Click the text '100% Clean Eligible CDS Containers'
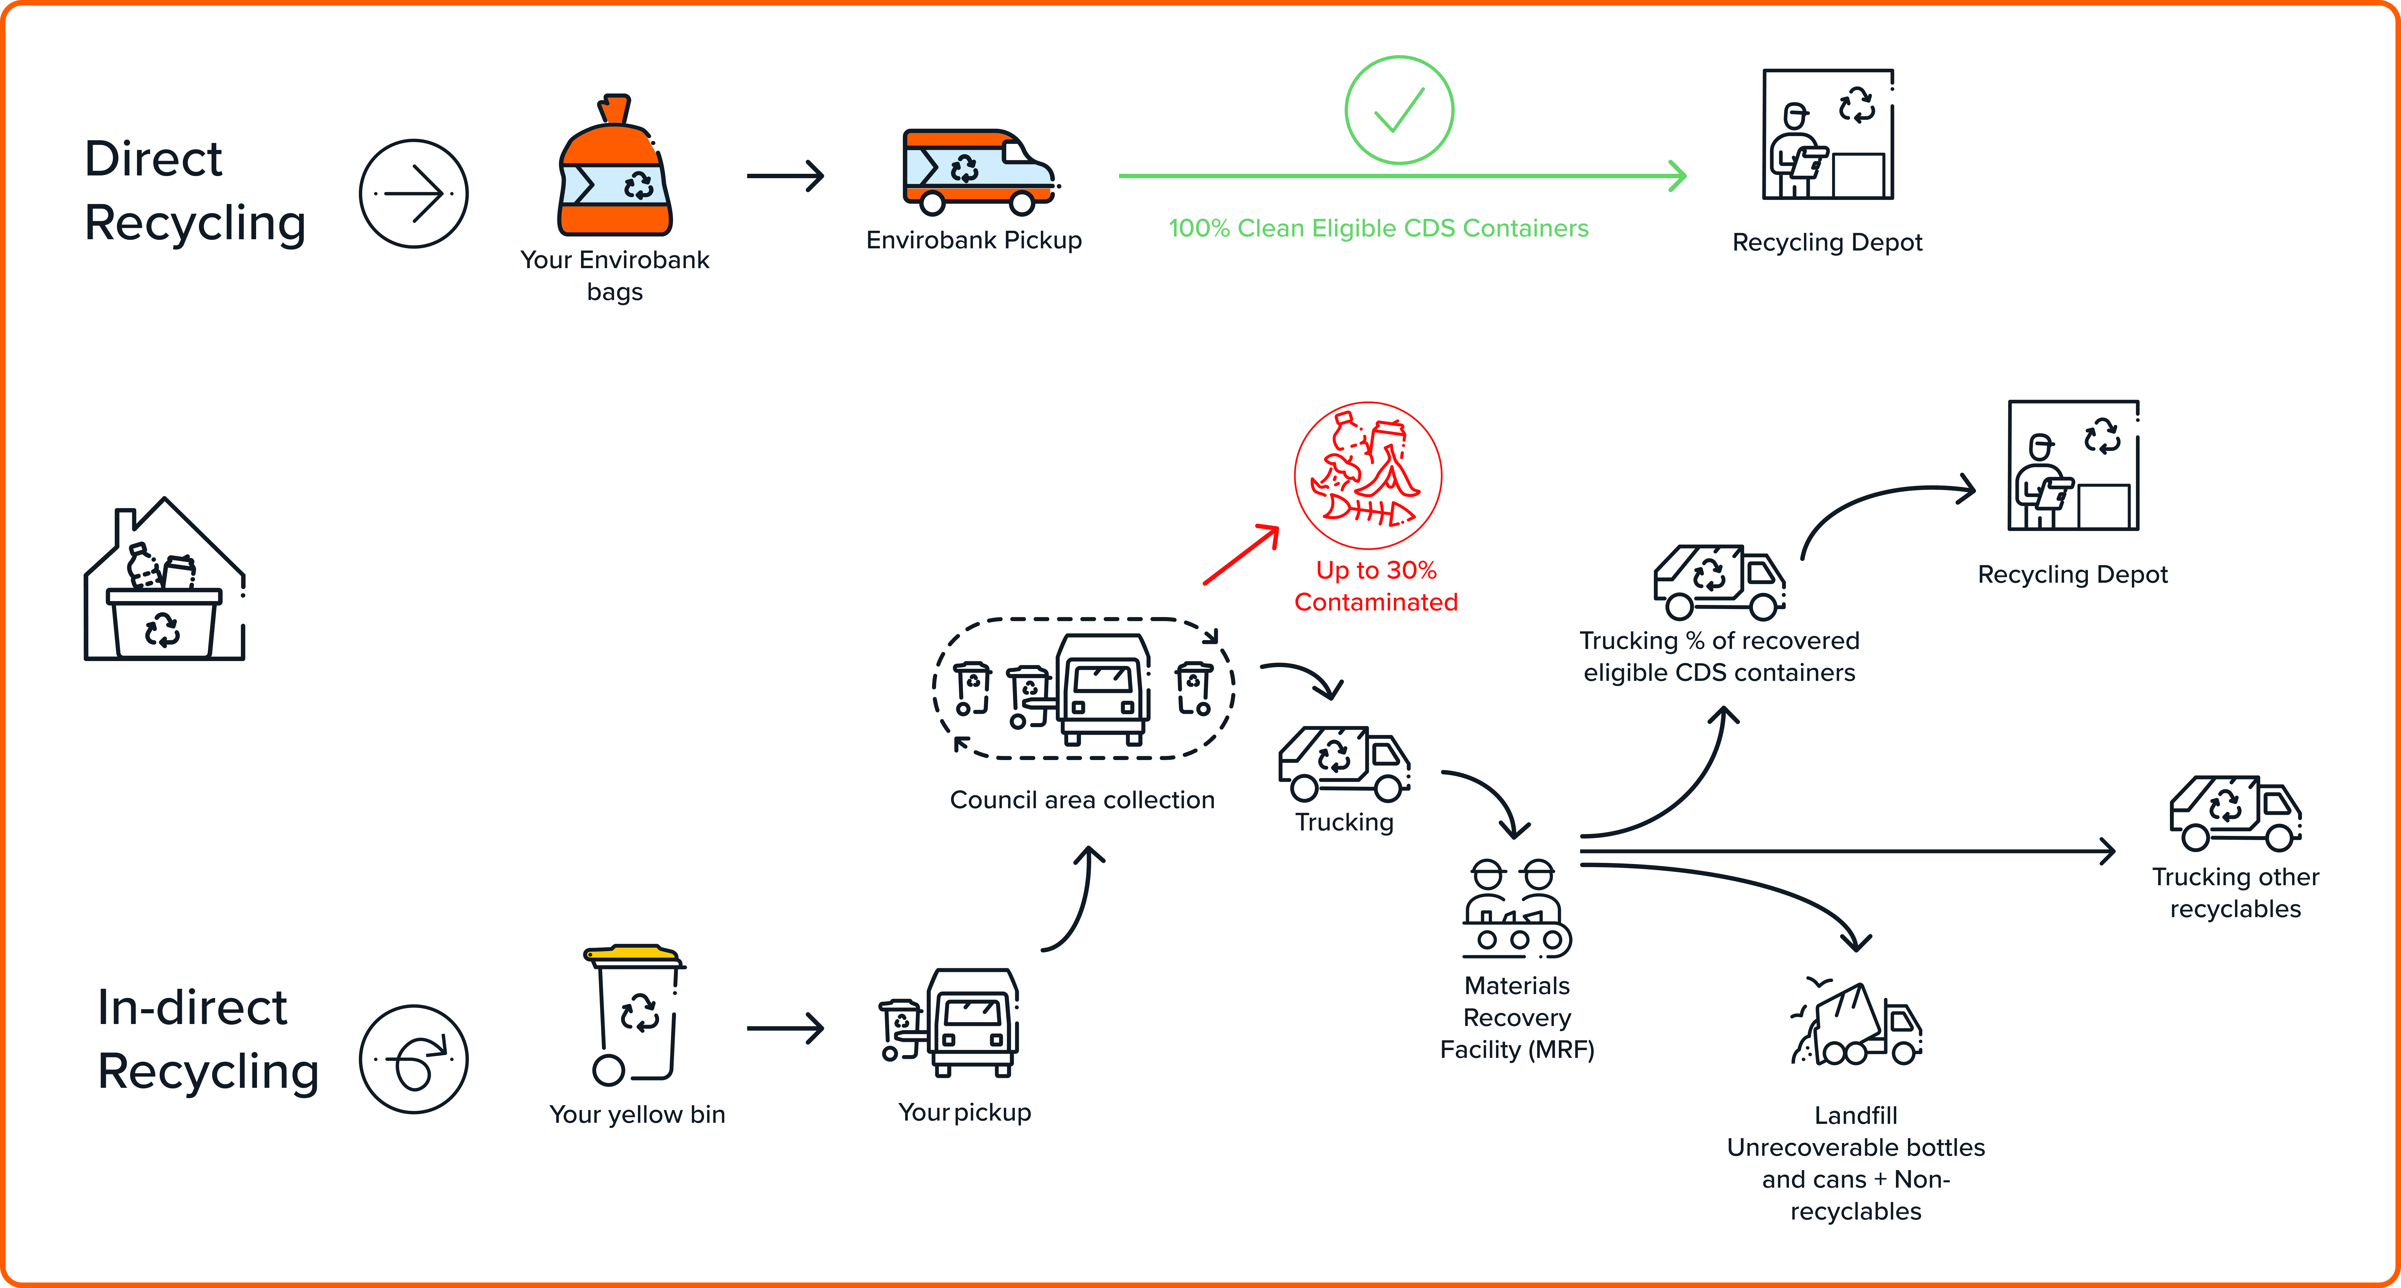[1378, 228]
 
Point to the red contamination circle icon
[1367, 475]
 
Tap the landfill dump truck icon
[1855, 1025]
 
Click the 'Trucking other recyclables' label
[2235, 893]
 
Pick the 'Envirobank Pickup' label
[974, 240]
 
